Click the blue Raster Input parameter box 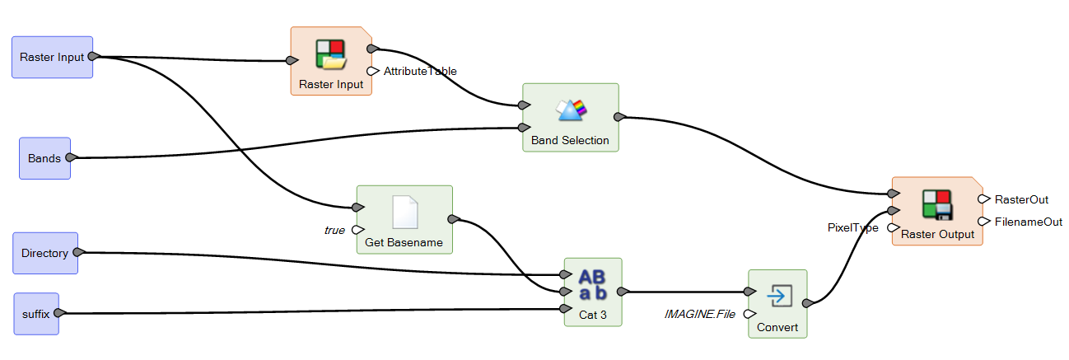(x=52, y=57)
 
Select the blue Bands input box (x=44, y=158)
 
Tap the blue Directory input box (x=45, y=253)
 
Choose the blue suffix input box (x=36, y=314)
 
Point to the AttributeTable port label (x=420, y=71)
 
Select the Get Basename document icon (x=404, y=213)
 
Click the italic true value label (x=334, y=230)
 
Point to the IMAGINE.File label (x=699, y=314)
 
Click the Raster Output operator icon (x=936, y=205)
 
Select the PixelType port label (x=852, y=227)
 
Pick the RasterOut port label (x=1021, y=199)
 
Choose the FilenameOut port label (x=1028, y=222)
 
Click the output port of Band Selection (x=619, y=116)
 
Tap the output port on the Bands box (x=71, y=157)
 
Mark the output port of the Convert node (x=808, y=304)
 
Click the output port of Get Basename (x=453, y=219)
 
